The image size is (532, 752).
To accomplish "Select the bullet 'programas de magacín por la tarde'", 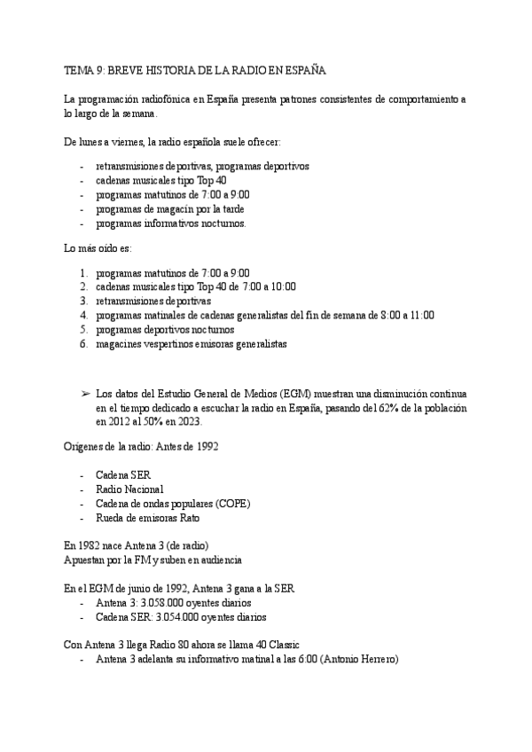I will pos(169,209).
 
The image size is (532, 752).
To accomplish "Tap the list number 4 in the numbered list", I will pos(83,315).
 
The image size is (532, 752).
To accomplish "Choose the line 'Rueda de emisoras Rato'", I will pos(148,517).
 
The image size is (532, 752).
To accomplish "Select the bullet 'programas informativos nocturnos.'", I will pos(171,223).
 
